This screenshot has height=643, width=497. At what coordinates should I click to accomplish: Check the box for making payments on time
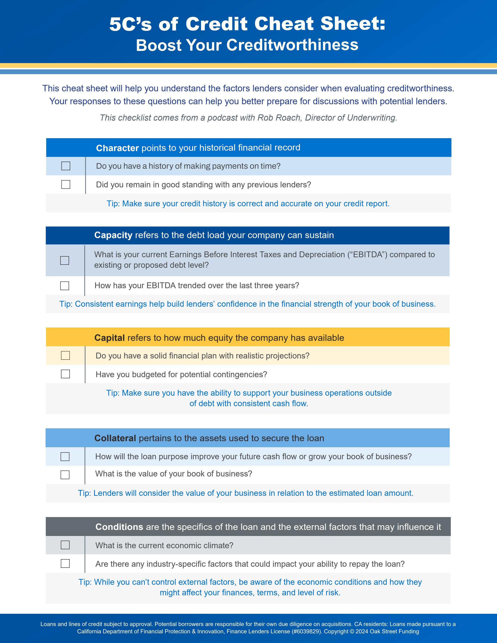pos(66,166)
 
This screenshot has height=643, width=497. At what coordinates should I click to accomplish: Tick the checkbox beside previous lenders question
pos(66,185)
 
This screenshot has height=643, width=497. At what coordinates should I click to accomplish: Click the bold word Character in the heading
pos(117,148)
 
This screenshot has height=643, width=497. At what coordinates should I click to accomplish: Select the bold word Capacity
pos(113,235)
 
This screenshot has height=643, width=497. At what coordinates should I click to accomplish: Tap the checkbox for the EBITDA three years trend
pos(64,286)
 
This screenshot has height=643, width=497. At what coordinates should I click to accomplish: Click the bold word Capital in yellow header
pos(109,338)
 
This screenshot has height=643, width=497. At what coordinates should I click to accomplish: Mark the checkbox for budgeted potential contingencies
pos(65,374)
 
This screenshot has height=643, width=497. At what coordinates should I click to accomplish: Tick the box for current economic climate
pos(65,545)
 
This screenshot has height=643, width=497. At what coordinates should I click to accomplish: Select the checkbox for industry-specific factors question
pos(65,563)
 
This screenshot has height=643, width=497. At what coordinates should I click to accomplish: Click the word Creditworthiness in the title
pos(292,45)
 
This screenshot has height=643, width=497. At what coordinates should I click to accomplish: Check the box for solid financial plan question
pos(65,355)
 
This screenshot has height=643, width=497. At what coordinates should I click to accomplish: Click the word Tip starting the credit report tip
pos(113,204)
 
